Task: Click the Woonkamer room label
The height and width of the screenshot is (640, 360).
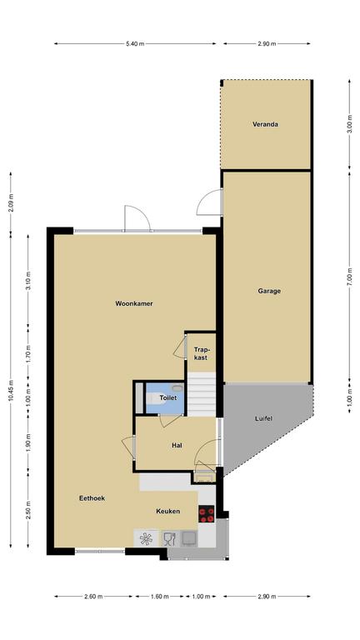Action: (134, 303)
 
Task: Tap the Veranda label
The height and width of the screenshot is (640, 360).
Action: (265, 124)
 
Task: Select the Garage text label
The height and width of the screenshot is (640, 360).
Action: (269, 291)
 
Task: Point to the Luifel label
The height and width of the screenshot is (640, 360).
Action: (263, 418)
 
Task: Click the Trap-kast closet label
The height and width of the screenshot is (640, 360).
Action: (201, 353)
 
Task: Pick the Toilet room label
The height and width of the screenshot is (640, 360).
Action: (168, 397)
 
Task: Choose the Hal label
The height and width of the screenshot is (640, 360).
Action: (177, 445)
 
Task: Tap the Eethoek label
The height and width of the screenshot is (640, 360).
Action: (92, 498)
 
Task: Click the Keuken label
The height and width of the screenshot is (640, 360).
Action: (167, 511)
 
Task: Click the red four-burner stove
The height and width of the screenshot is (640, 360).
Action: (207, 514)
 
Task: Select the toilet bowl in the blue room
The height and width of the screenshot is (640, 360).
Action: (157, 398)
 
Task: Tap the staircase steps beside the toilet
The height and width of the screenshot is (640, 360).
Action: (201, 394)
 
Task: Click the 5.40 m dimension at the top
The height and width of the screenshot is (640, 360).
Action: (135, 43)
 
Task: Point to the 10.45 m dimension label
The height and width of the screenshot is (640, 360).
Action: (11, 391)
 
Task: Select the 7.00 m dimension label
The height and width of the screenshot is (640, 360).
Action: (349, 276)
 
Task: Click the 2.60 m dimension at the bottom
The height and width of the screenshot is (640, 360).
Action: (93, 597)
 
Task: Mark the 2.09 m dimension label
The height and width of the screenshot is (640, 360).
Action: (11, 203)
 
